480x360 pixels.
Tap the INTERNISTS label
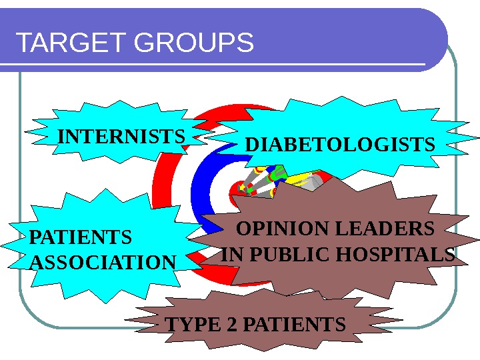(x=121, y=137)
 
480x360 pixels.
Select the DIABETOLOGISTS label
(x=340, y=145)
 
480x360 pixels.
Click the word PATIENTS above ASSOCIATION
(x=81, y=237)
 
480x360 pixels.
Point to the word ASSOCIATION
(x=103, y=263)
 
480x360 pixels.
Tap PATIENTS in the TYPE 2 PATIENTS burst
(x=294, y=325)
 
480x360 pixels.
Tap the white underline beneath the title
(x=213, y=65)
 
